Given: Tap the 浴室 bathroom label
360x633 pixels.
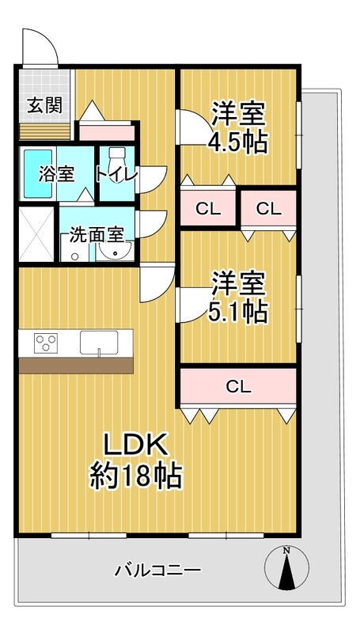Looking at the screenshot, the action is pos(56,174).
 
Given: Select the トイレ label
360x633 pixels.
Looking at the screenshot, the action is pos(116,174).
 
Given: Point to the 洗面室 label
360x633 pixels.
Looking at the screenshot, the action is pos(96,235).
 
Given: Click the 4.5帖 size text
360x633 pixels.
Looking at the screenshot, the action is pos(237,142).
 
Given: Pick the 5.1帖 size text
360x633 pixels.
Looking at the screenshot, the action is pos(237,312).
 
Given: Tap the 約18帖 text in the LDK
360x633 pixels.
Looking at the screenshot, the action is pos(135,476).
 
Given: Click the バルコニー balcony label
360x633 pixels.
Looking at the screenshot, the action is pos(157,570).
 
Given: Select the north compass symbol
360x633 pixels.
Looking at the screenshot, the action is pos(286,567).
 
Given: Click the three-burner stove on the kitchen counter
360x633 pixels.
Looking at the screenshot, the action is pos(46,343).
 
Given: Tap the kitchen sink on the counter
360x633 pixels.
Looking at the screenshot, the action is pos(99,343).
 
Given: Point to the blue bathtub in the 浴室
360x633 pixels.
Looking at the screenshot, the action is pos(37,174).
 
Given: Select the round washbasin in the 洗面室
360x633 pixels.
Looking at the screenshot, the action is pos(116,252).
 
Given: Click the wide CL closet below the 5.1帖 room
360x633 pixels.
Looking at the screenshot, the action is pos(238,386).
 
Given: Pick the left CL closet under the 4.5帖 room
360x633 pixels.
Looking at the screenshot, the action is pos(208,208).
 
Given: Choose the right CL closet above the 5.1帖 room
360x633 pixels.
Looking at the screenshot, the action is pos(269,208).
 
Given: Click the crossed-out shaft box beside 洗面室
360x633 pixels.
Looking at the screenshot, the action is pos(36,234).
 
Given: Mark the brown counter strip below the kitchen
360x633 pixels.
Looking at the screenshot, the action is pos(76,366).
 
